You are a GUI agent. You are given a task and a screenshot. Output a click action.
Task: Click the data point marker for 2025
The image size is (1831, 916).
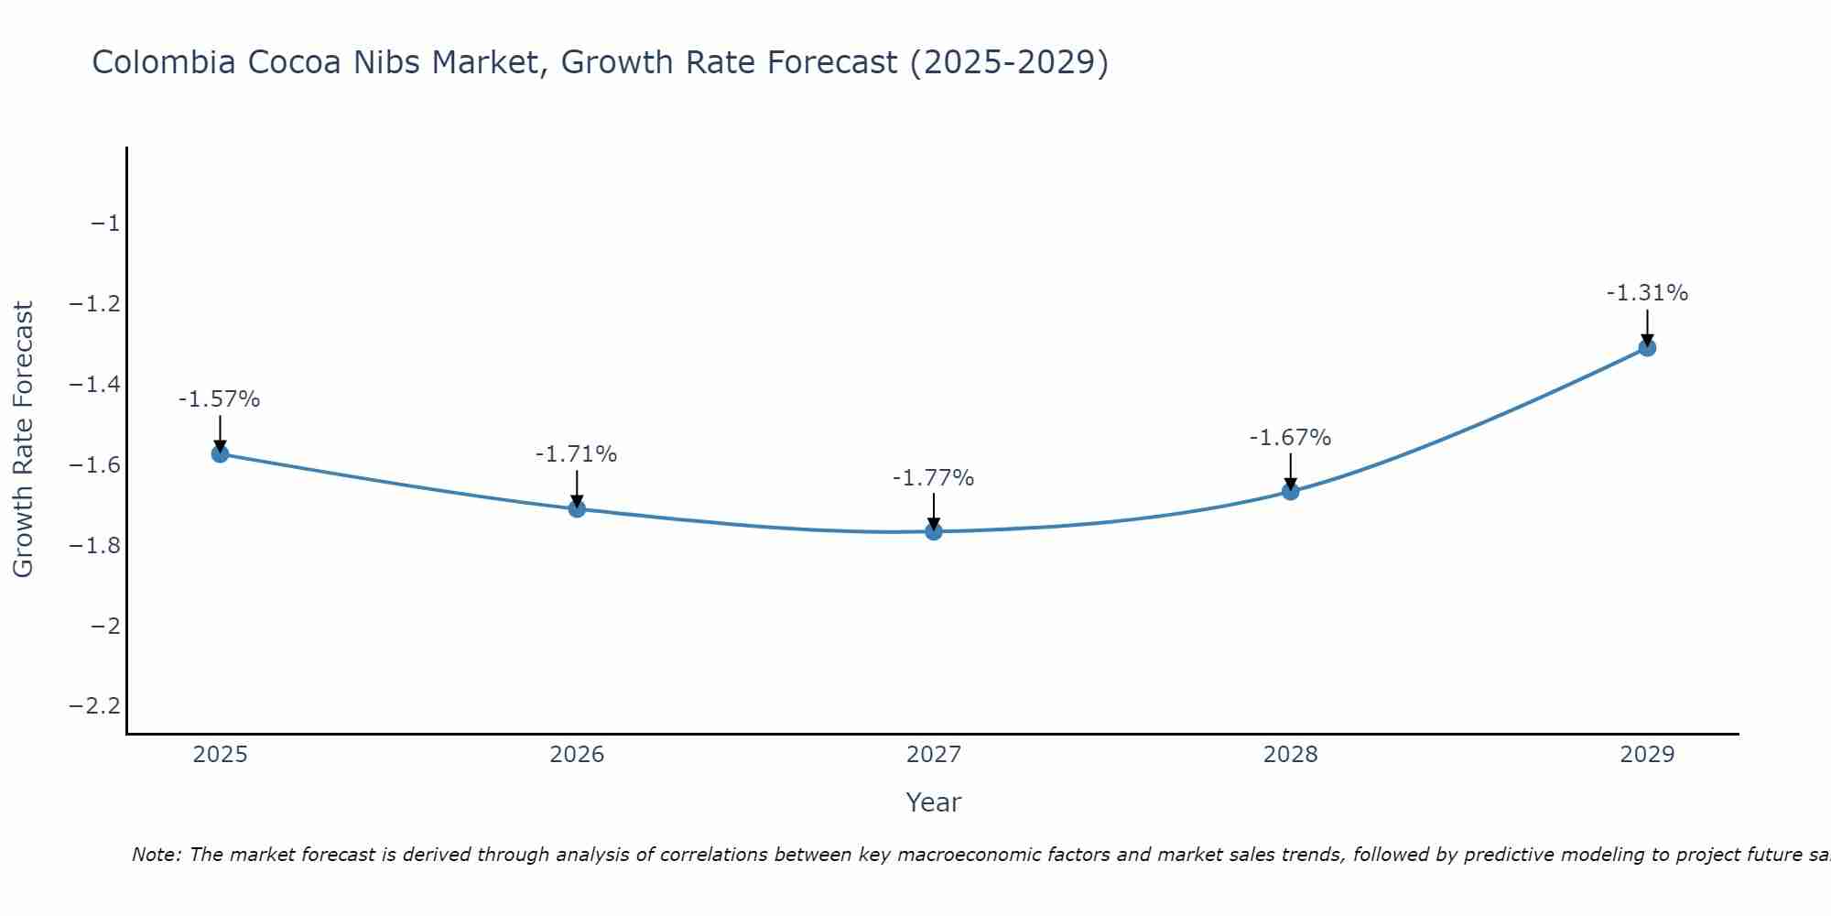click(x=220, y=453)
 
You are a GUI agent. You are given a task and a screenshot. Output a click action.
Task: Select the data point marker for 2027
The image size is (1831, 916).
click(x=934, y=531)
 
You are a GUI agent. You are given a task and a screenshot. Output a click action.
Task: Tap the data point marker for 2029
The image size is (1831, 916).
click(x=1647, y=348)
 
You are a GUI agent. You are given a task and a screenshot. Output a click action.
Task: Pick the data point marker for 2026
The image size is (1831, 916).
click(x=577, y=508)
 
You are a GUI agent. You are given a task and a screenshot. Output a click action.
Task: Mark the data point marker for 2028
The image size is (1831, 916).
click(x=1290, y=492)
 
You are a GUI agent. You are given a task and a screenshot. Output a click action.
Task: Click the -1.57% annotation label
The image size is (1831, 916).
click(x=220, y=399)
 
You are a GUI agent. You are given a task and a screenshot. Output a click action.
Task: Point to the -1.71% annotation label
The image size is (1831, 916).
click(x=577, y=454)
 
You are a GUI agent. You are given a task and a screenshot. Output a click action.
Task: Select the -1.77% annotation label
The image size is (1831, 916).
click(x=934, y=478)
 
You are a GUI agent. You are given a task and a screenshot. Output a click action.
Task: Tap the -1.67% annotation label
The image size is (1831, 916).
click(x=1290, y=438)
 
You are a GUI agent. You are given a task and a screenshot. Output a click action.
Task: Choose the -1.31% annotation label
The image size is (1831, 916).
click(x=1647, y=293)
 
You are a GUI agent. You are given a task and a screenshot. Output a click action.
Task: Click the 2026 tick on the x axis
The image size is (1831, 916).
click(x=577, y=755)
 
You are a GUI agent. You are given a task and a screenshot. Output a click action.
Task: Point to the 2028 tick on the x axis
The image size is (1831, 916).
click(x=1290, y=755)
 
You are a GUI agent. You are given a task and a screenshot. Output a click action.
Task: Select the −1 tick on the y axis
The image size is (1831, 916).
click(x=104, y=224)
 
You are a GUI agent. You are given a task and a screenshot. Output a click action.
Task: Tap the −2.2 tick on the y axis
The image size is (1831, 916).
click(x=94, y=706)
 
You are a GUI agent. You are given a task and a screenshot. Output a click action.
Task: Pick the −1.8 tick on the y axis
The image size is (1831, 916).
click(x=94, y=545)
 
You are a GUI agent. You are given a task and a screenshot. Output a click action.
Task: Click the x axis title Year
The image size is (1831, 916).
click(x=934, y=803)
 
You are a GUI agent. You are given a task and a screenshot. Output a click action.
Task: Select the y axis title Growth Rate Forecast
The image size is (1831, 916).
click(x=23, y=440)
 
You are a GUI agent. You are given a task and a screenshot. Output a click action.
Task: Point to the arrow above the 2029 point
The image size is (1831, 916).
click(x=1647, y=326)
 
